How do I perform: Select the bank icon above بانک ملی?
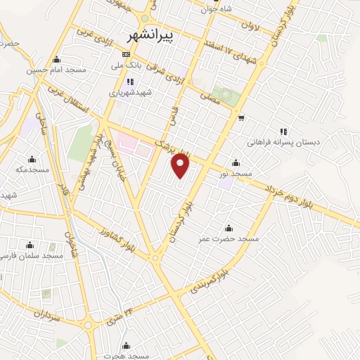tap(126, 54)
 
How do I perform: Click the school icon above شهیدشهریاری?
tap(130, 81)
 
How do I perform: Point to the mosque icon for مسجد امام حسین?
tap(56, 59)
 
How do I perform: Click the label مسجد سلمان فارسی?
tap(34, 256)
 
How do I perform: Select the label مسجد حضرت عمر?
tap(228, 238)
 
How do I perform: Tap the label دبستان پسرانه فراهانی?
tap(283, 142)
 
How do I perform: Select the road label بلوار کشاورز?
tap(115, 239)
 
